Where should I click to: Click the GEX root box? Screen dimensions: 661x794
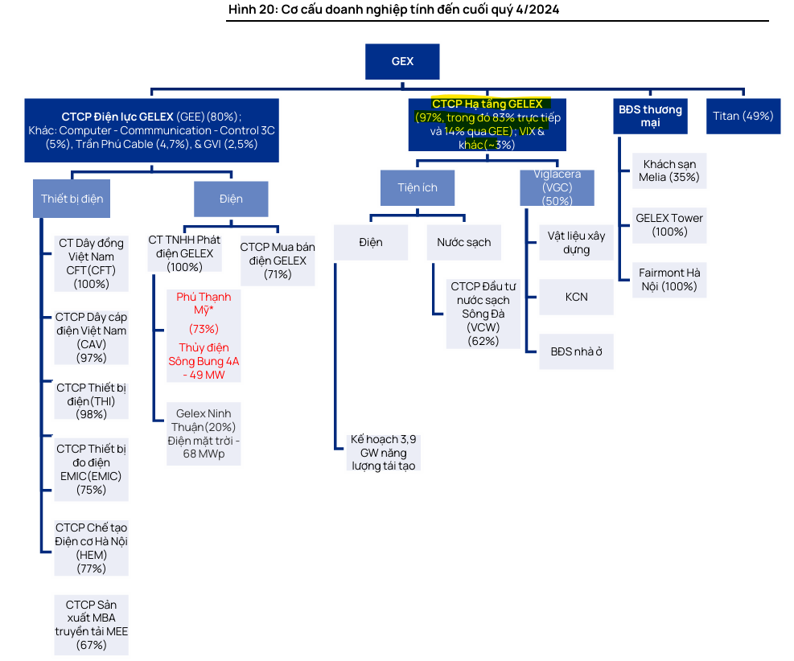pos(402,61)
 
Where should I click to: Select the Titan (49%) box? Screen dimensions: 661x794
pos(743,116)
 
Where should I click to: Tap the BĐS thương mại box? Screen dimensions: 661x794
pos(650,116)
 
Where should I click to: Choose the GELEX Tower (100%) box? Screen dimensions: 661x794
pos(669,224)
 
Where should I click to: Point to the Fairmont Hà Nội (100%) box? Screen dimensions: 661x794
pos(669,279)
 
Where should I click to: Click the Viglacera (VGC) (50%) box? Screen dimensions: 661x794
pos(557,187)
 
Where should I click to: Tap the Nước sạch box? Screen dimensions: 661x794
pos(463,242)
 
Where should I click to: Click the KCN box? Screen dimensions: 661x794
pos(576,297)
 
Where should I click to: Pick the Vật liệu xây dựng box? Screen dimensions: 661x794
pos(576,242)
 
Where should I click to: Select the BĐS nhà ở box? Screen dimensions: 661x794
pos(576,351)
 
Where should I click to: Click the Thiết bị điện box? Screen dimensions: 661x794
pos(72,199)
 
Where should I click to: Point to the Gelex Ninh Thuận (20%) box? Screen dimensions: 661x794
pos(204,434)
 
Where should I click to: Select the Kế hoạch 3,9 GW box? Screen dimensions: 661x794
pos(383,453)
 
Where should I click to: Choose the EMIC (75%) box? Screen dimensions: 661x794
pos(91,469)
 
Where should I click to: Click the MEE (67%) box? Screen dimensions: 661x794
pos(91,625)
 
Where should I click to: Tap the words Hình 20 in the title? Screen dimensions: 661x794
pos(251,9)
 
